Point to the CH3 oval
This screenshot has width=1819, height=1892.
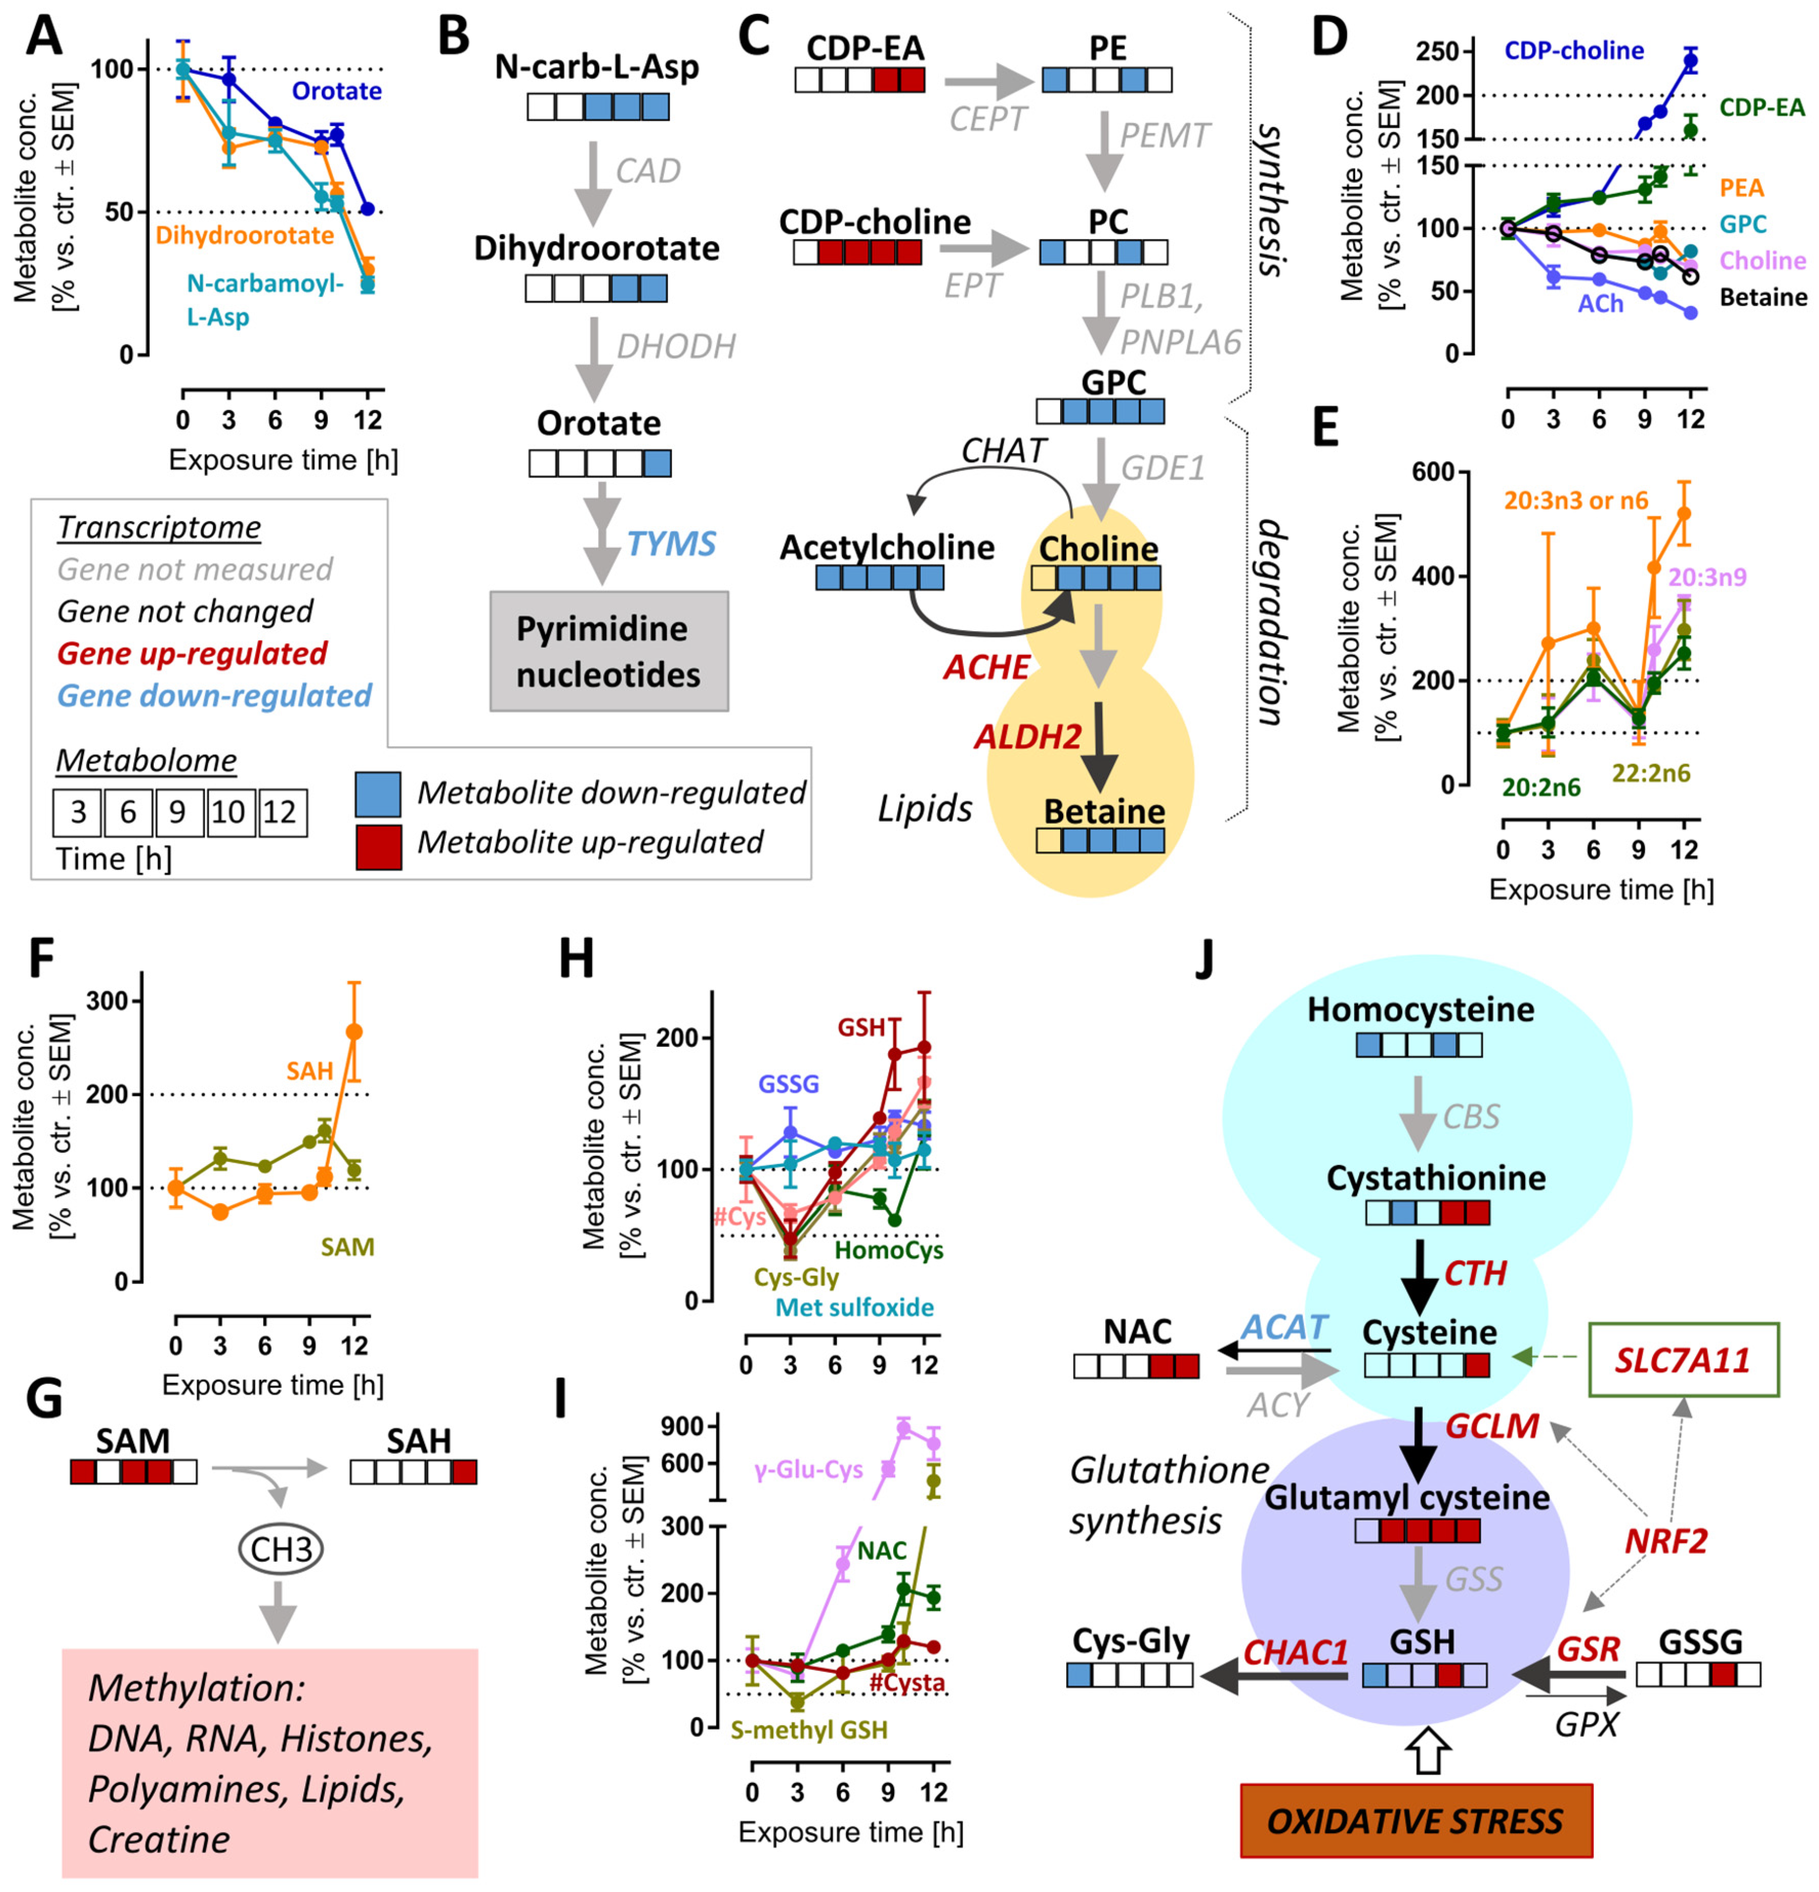pyautogui.click(x=281, y=1550)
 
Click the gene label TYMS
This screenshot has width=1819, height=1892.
pyautogui.click(x=671, y=544)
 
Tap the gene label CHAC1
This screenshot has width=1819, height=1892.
pyautogui.click(x=1295, y=1652)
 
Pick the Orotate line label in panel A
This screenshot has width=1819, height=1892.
pyautogui.click(x=337, y=91)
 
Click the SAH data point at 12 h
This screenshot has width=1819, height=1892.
pyautogui.click(x=354, y=1031)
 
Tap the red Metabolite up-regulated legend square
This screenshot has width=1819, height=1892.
pyautogui.click(x=378, y=847)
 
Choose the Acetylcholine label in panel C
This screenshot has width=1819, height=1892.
pyautogui.click(x=886, y=547)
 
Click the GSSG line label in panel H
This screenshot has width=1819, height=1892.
pyautogui.click(x=788, y=1084)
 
